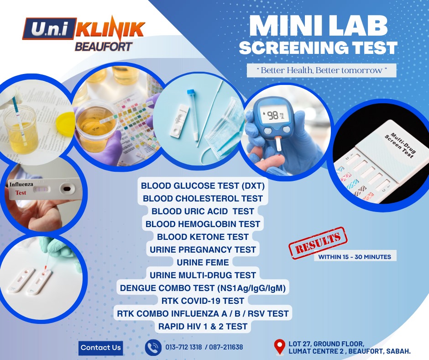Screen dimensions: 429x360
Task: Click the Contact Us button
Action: [x=101, y=348]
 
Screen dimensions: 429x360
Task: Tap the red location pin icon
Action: [x=279, y=347]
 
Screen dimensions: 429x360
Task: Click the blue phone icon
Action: [x=153, y=347]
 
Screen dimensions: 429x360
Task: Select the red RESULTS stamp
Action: [x=318, y=243]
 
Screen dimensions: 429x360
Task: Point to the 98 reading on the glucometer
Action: [x=273, y=116]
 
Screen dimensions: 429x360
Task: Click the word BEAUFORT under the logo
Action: [x=104, y=47]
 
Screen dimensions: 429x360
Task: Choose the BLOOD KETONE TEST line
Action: [x=203, y=237]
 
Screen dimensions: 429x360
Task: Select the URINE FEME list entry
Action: [x=203, y=263]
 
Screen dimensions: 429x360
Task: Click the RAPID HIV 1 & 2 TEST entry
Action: [x=203, y=327]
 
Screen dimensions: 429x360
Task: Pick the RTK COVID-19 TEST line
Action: [x=203, y=301]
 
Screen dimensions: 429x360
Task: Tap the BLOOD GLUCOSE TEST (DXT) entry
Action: [x=203, y=186]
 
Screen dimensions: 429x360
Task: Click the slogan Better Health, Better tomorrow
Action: [x=321, y=70]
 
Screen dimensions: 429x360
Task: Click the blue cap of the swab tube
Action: [x=191, y=92]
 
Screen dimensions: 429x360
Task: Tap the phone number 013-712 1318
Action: [x=183, y=347]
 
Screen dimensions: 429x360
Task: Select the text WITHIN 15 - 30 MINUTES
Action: [x=355, y=257]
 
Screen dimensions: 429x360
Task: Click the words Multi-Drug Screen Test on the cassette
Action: [x=401, y=145]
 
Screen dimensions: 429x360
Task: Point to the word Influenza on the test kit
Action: [x=21, y=185]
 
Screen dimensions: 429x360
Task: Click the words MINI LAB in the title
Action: [x=319, y=26]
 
